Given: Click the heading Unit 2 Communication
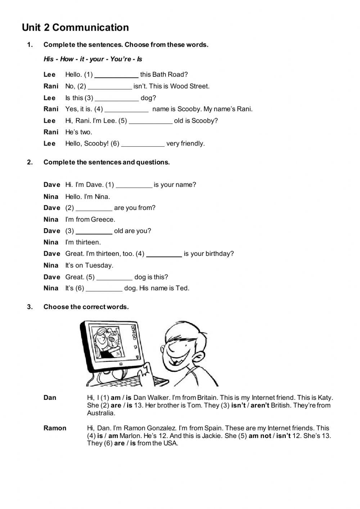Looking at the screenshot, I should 75,28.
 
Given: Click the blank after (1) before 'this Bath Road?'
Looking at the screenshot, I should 116,75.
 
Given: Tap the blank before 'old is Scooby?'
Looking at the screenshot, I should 150,121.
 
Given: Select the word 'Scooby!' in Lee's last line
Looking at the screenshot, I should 96,144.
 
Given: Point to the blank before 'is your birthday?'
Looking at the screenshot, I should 164,254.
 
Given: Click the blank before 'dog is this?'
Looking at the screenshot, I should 114,278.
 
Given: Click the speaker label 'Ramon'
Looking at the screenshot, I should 55,428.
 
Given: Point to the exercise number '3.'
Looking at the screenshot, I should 30,307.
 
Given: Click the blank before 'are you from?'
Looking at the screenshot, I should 94,208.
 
